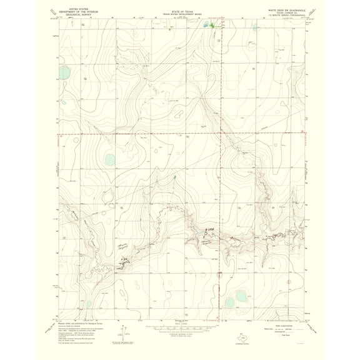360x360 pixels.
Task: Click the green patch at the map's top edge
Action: click(211, 26)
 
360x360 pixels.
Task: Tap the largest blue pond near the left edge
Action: click(109, 159)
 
